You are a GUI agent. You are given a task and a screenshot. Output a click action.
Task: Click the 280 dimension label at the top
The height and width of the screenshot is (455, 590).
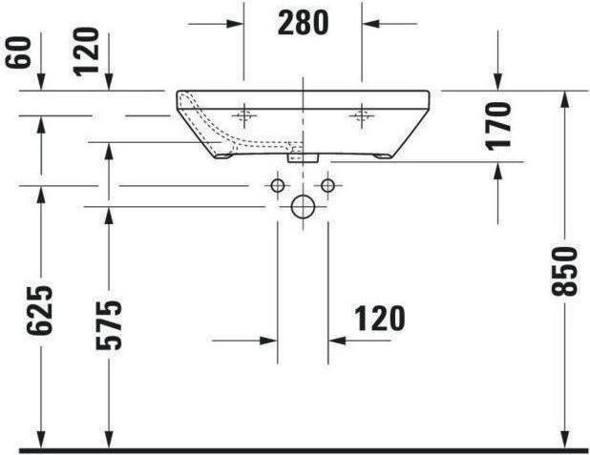tap(303, 22)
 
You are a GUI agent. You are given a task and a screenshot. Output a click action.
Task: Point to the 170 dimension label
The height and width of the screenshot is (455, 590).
tap(497, 126)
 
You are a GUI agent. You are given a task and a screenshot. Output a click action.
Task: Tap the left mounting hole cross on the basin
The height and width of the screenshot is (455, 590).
tap(244, 116)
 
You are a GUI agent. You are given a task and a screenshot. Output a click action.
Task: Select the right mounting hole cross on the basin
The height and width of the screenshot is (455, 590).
tap(361, 116)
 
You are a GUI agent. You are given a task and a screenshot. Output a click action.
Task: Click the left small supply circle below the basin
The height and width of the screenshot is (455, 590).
tap(278, 184)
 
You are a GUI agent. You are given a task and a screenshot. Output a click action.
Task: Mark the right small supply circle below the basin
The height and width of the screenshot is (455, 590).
tap(327, 184)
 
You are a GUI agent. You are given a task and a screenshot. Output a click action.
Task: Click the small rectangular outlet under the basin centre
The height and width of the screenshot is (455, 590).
tap(304, 153)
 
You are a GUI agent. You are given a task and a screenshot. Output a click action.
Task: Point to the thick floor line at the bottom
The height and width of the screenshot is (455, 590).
tap(295, 448)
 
